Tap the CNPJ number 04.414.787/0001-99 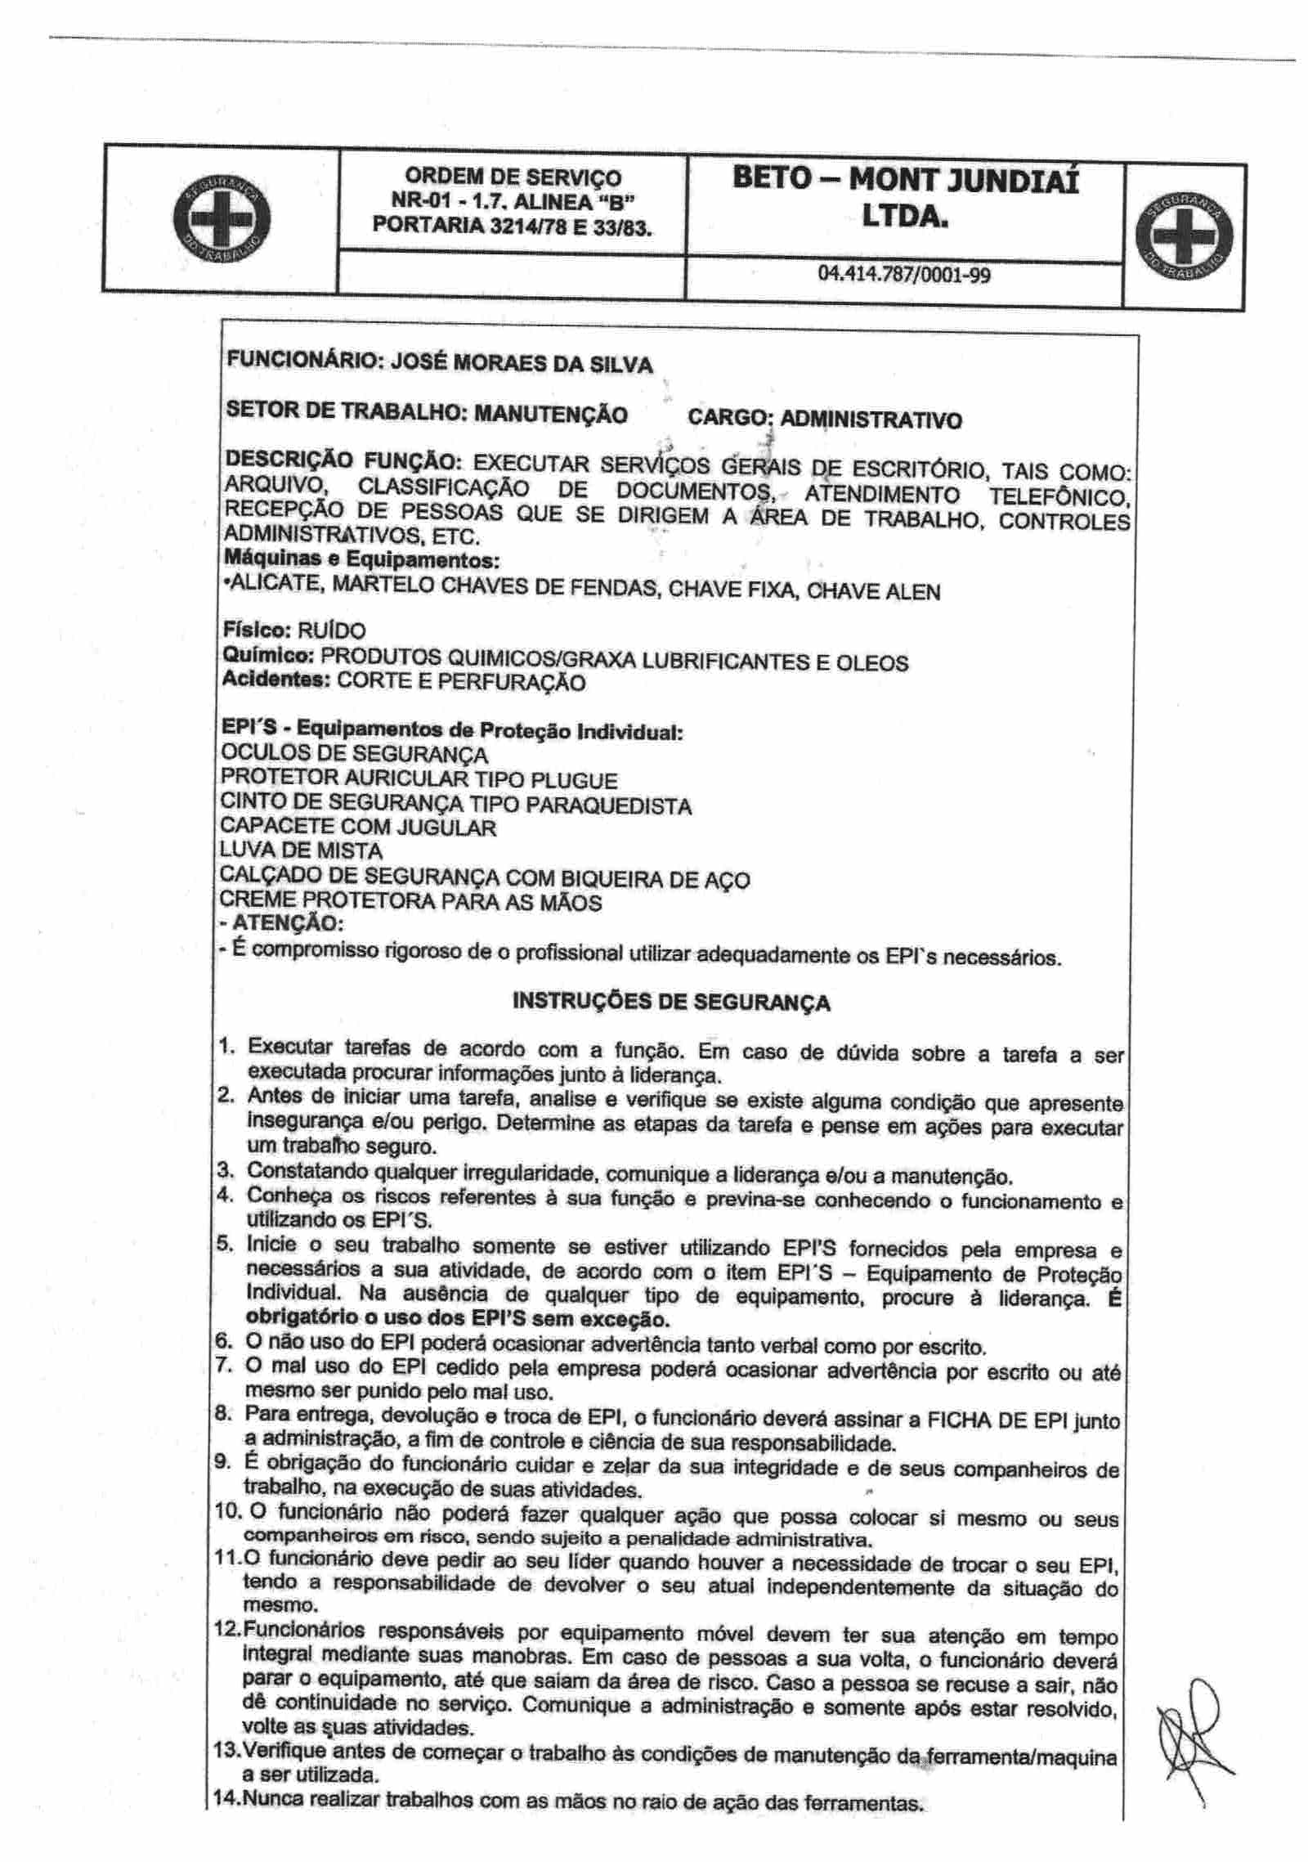tap(903, 275)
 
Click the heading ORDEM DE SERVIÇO tap(513, 177)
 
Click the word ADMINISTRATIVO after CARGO tap(871, 420)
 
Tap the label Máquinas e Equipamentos tap(361, 561)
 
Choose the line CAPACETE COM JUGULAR tap(358, 828)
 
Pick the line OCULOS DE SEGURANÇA tap(354, 754)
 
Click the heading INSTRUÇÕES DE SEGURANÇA tap(670, 1002)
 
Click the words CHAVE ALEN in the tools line tap(873, 592)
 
